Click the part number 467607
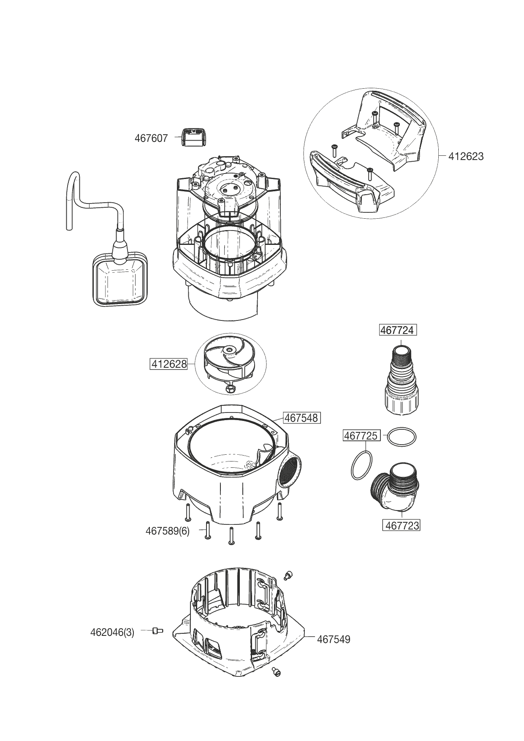coord(151,138)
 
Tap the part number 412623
coord(466,157)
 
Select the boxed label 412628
coord(169,364)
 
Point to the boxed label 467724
coord(397,330)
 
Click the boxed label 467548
coord(301,418)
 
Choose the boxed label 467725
coord(361,435)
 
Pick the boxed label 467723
coord(402,525)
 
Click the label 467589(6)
coord(167,531)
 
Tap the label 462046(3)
coord(112,632)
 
